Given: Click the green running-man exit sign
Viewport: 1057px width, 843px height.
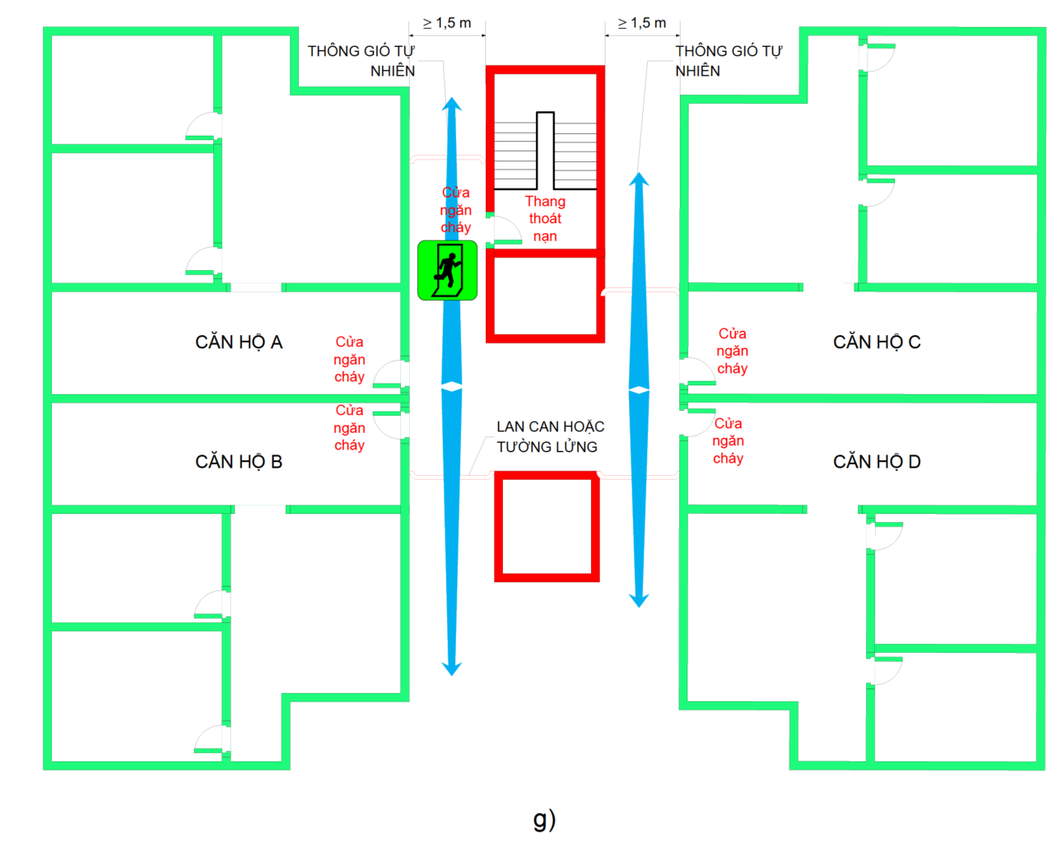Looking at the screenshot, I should click(x=447, y=270).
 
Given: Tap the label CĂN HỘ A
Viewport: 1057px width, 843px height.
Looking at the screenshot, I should click(x=239, y=342).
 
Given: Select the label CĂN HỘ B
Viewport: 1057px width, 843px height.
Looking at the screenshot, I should click(x=239, y=462).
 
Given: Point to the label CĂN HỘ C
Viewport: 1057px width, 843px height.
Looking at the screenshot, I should click(x=877, y=342).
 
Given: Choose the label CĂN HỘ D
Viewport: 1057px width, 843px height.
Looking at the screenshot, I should click(x=877, y=462).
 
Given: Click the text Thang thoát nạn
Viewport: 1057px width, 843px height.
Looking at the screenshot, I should click(x=545, y=219).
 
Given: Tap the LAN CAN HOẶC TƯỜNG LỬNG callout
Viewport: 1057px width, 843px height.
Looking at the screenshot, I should click(x=550, y=436).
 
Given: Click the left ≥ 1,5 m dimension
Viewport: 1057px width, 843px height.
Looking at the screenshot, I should click(x=447, y=23).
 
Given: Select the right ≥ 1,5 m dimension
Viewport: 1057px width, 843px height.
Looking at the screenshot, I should click(x=642, y=23).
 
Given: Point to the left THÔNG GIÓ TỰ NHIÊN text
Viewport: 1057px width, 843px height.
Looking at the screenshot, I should click(x=361, y=61).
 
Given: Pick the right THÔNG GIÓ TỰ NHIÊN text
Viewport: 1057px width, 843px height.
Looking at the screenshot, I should click(x=728, y=61).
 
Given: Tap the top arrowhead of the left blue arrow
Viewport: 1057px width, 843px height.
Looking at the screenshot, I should click(x=452, y=104).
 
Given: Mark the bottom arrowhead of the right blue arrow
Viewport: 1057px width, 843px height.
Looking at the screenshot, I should click(x=640, y=600).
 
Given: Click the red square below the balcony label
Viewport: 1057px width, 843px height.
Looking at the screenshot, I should click(x=547, y=527).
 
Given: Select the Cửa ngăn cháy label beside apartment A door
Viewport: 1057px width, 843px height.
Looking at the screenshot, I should click(x=349, y=359).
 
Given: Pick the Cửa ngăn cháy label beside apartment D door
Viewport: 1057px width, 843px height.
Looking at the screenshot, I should click(x=728, y=440).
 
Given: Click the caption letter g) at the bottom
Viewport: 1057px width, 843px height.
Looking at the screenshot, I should click(x=544, y=818).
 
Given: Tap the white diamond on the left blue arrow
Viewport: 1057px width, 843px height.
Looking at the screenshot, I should click(x=452, y=386).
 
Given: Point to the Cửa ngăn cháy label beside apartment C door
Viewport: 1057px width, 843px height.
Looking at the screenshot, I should click(x=732, y=351).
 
